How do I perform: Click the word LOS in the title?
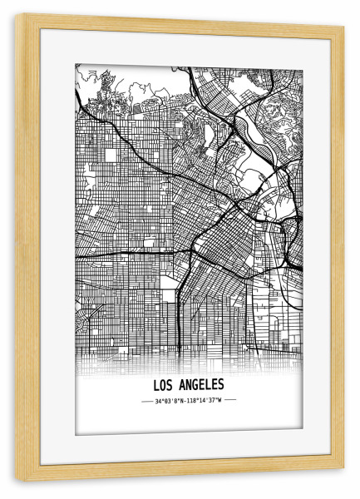pyautogui.click(x=164, y=385)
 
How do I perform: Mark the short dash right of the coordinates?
pyautogui.click(x=231, y=400)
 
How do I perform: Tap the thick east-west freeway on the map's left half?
pyautogui.click(x=125, y=251)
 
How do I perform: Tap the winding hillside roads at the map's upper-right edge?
pyautogui.click(x=283, y=108)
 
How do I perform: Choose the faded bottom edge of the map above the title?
pyautogui.click(x=189, y=358)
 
